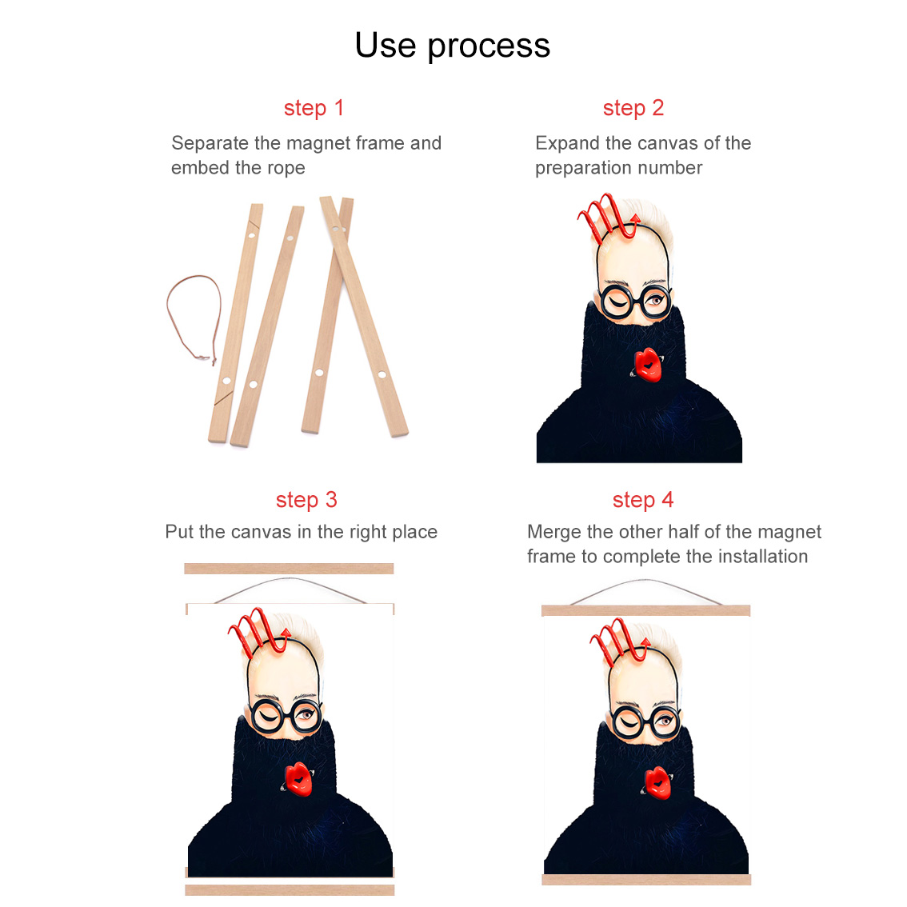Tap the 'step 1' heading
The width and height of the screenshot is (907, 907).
(x=314, y=108)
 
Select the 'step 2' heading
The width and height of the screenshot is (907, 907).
(x=633, y=108)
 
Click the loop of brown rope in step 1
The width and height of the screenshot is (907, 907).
(x=169, y=313)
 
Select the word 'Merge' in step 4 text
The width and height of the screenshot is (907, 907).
(x=554, y=532)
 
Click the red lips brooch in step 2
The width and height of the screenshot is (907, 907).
(x=647, y=365)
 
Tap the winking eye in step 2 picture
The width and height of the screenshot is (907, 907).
(x=617, y=302)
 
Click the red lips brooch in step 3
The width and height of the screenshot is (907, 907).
(x=298, y=778)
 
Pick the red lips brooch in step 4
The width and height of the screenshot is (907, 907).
(x=657, y=782)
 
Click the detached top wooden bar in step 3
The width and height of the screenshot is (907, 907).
(x=289, y=569)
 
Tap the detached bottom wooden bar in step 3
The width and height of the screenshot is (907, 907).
(x=290, y=889)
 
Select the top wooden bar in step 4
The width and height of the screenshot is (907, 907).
(x=645, y=611)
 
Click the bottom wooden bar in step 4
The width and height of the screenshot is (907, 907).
(x=646, y=880)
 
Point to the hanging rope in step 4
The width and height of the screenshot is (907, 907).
(x=645, y=581)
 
